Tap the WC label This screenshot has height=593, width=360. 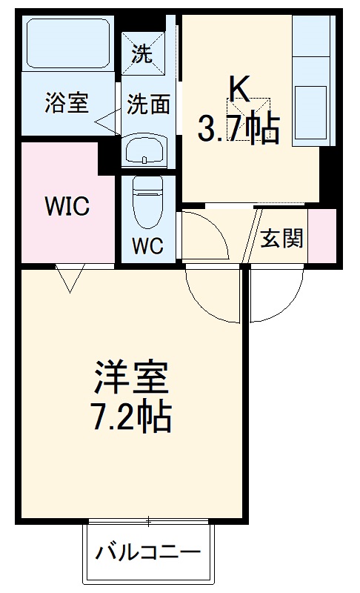click(147, 244)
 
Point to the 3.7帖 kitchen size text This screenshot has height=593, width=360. click(238, 130)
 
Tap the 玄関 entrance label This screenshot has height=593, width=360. click(281, 239)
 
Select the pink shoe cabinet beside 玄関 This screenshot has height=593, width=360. click(321, 236)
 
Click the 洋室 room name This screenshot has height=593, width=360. click(132, 378)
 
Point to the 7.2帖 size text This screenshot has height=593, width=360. click(132, 417)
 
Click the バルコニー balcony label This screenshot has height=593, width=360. click(148, 552)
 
